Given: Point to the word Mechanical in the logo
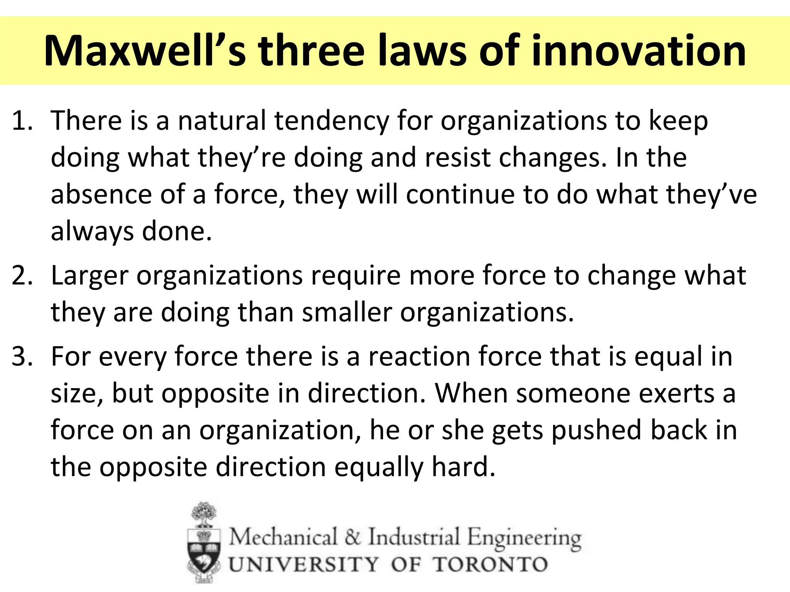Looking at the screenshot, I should click(283, 537).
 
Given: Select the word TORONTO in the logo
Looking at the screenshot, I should click(490, 565).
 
